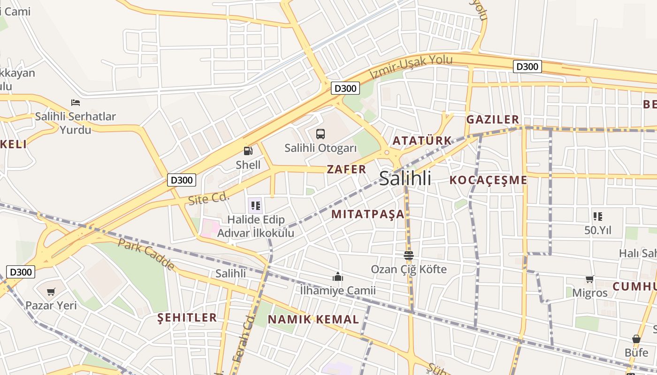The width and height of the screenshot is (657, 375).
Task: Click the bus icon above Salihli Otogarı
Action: click(x=321, y=134)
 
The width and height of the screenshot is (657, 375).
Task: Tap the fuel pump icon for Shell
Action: click(x=248, y=151)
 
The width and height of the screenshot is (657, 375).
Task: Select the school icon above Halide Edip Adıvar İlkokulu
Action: click(x=255, y=205)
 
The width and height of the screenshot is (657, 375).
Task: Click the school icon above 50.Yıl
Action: click(x=597, y=217)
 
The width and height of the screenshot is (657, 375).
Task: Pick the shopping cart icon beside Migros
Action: click(x=589, y=279)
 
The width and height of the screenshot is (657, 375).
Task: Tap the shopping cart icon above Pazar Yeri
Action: click(x=51, y=292)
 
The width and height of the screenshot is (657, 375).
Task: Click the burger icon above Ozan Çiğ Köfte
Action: click(x=408, y=255)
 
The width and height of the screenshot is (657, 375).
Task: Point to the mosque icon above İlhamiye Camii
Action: click(x=337, y=277)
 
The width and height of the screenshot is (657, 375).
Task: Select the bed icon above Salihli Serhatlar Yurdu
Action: click(x=75, y=102)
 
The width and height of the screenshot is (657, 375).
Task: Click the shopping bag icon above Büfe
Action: click(x=636, y=338)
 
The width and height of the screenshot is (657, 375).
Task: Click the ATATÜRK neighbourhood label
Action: click(x=422, y=141)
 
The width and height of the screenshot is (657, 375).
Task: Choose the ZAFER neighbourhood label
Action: click(x=346, y=170)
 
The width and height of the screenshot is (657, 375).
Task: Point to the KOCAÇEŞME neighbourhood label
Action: click(x=488, y=180)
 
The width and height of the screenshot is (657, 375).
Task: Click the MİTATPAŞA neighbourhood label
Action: click(x=367, y=214)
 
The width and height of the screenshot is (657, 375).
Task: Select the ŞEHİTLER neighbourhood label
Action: click(x=187, y=318)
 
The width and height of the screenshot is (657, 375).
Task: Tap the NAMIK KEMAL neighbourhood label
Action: click(x=313, y=320)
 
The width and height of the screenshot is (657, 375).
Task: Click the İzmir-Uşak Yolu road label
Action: click(x=411, y=67)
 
